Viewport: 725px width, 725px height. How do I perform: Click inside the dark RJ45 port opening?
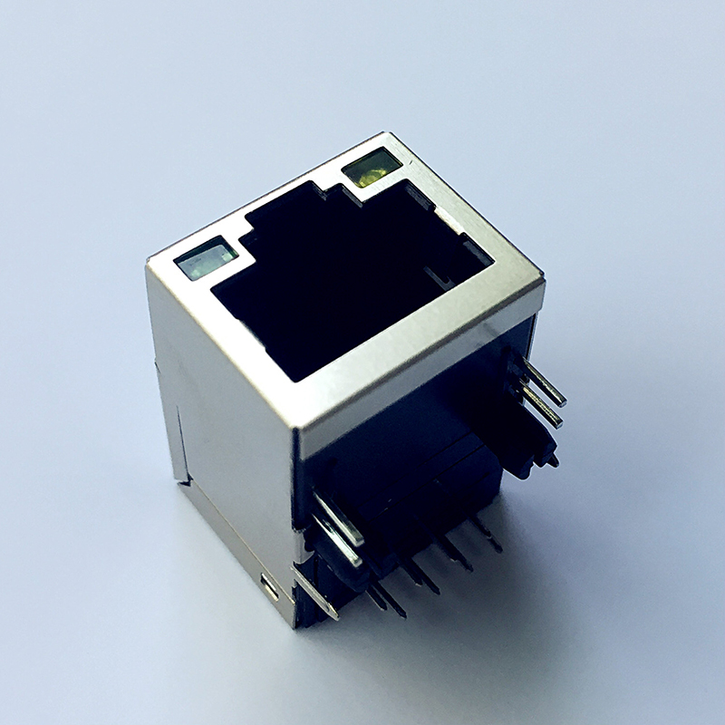click(x=326, y=290)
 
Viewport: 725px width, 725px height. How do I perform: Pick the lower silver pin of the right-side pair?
click(x=538, y=407)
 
